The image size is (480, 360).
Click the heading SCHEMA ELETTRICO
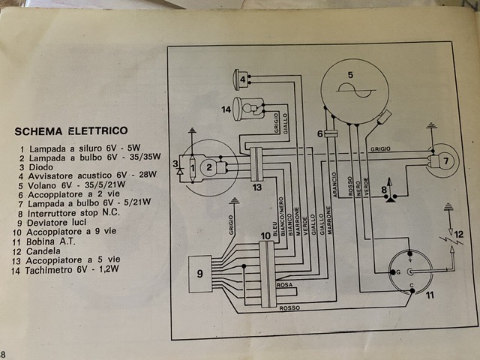pos(71,131)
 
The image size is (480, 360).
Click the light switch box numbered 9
pos(199,274)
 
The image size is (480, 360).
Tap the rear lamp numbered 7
pos(443,160)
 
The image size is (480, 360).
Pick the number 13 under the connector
pos(256,187)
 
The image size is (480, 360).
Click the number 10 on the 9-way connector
pos(265,236)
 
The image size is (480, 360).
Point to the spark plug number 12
pos(459,234)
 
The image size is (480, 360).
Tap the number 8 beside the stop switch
pos(384,191)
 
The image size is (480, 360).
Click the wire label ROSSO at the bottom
pos(289,308)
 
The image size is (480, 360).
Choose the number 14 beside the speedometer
pos(225,109)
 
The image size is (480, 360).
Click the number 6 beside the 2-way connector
pos(319,133)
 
